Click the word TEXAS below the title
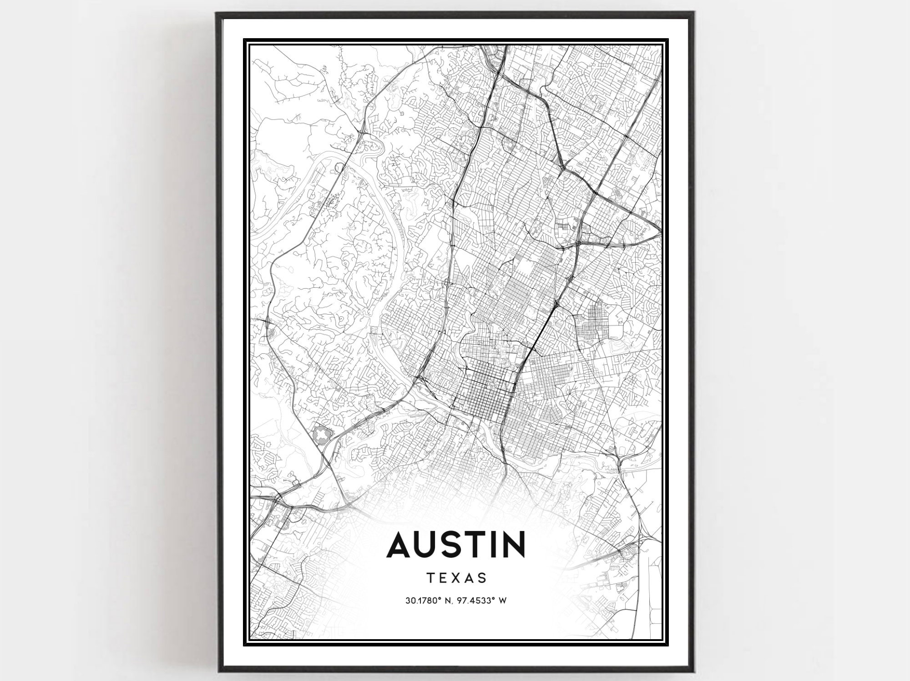[x=457, y=578]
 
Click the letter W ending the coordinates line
[x=503, y=601]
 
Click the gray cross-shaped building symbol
[x=322, y=435]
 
